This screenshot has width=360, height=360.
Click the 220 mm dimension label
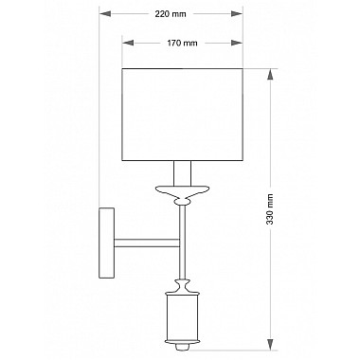(171, 14)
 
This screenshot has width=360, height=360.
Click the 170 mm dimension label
(182, 43)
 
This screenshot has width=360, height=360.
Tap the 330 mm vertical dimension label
(269, 208)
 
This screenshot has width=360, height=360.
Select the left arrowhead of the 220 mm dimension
(105, 14)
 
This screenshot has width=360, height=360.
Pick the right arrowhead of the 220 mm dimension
(237, 14)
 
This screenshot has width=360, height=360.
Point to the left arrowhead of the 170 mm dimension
(128, 43)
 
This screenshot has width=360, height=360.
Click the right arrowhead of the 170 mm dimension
(237, 43)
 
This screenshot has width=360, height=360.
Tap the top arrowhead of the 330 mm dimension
(271, 75)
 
